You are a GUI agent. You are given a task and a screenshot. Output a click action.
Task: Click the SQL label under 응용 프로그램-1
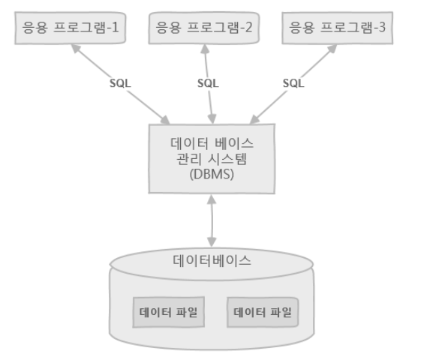tap(119, 83)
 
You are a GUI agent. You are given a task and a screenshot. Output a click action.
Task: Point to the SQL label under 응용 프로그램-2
tap(208, 83)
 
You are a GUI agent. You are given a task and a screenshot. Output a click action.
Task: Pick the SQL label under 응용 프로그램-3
tap(294, 83)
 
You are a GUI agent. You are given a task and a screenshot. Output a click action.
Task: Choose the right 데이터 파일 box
tap(263, 312)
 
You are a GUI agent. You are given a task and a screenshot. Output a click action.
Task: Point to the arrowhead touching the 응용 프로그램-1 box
tap(74, 46)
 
